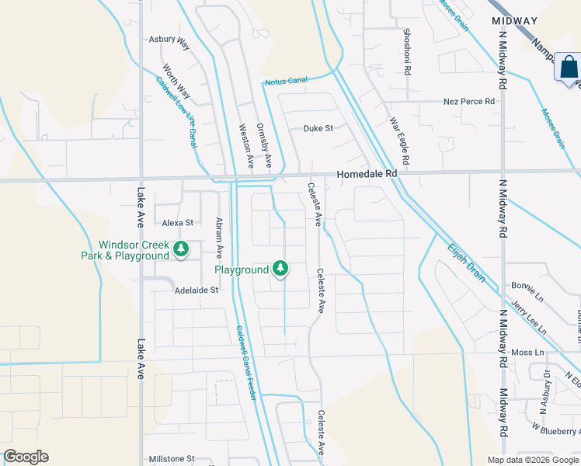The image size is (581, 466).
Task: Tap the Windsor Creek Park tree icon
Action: point(181,249)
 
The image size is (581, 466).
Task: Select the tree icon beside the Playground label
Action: point(280,270)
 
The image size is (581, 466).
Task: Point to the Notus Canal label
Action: point(286,80)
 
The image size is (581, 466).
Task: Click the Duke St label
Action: point(318,128)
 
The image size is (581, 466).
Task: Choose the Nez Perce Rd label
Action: point(468,102)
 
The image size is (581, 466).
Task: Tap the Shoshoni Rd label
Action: point(406,52)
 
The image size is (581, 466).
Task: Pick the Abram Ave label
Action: point(219,237)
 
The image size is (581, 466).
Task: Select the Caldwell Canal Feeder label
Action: point(246,362)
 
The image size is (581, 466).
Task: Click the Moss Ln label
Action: point(528,353)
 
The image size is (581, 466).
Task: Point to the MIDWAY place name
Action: point(515,20)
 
